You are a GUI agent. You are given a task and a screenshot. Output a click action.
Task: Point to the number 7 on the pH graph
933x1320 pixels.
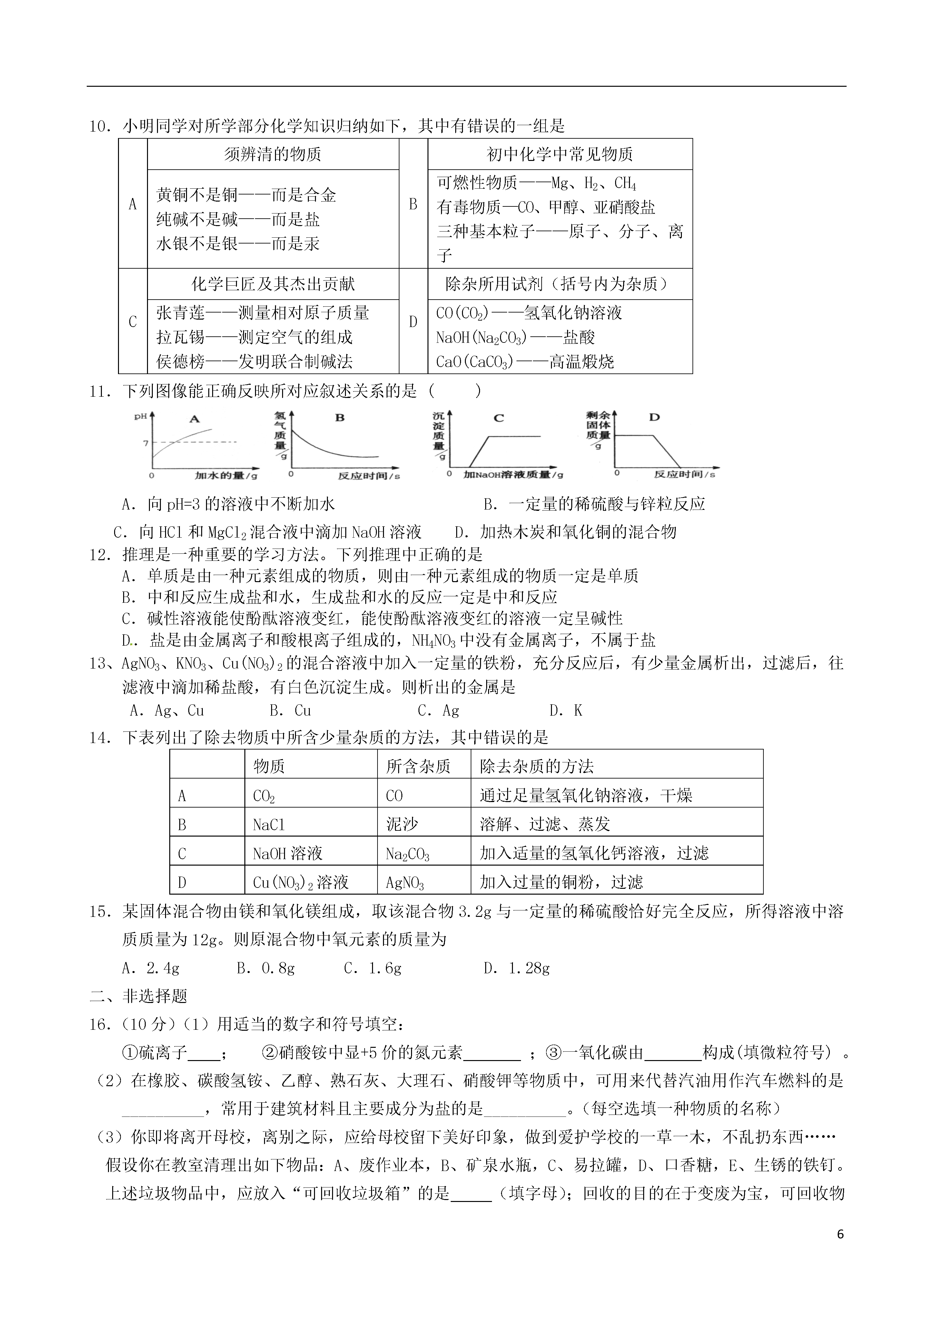click(x=146, y=443)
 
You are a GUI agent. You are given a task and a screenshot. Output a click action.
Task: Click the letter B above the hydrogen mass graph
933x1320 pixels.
click(x=340, y=418)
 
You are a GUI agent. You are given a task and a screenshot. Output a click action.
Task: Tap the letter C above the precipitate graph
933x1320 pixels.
click(x=498, y=418)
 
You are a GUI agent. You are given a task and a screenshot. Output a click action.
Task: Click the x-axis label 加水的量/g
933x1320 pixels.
click(x=226, y=475)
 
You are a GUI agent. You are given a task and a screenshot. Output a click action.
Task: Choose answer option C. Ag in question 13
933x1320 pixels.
click(x=439, y=710)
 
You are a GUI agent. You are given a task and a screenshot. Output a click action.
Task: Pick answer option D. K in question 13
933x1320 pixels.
click(x=566, y=710)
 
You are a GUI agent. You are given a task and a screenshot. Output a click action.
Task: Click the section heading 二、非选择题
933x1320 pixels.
click(x=139, y=996)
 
